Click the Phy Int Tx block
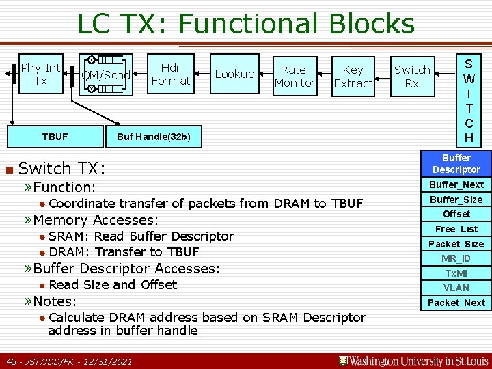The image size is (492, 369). tap(40, 74)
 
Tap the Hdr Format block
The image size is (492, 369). tap(170, 74)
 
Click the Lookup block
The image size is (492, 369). tap(234, 74)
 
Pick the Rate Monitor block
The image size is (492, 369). tap(294, 76)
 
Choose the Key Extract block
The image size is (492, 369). tap(353, 76)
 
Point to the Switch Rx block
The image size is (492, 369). tap(412, 76)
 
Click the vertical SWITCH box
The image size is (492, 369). tap(469, 100)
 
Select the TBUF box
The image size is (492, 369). tap(55, 137)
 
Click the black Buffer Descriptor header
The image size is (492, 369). tap(456, 163)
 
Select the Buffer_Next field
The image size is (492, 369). tap(456, 184)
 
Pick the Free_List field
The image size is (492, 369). tap(456, 229)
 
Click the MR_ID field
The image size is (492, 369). tap(456, 258)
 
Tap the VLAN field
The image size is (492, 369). tap(456, 288)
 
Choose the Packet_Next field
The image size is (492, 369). tap(456, 303)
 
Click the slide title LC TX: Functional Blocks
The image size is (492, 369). tap(245, 24)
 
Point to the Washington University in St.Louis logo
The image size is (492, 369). tap(414, 360)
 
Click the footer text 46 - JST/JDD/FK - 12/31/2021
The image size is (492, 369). tap(69, 361)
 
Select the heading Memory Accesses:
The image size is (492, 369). tap(95, 220)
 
